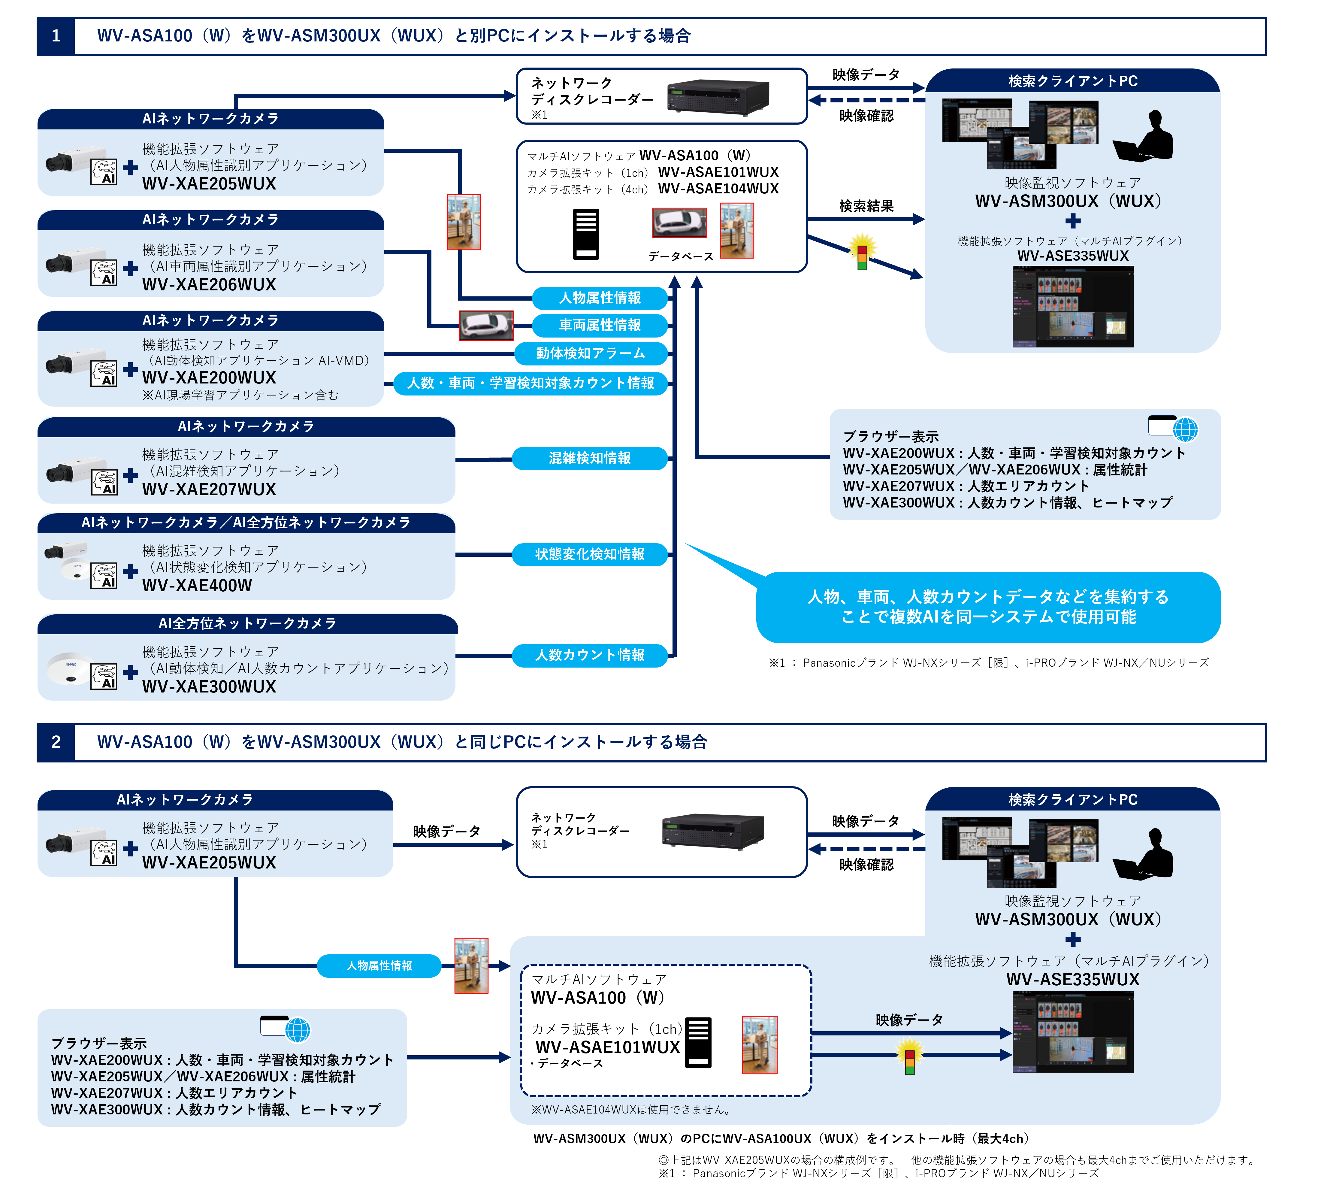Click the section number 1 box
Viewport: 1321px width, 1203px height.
pyautogui.click(x=56, y=36)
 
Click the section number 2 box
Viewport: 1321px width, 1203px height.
pyautogui.click(x=56, y=742)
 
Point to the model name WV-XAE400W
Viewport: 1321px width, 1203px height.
pyautogui.click(x=197, y=586)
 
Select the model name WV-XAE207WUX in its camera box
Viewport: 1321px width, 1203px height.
pyautogui.click(x=209, y=490)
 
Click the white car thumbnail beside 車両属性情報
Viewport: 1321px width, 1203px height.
pyautogui.click(x=486, y=325)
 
